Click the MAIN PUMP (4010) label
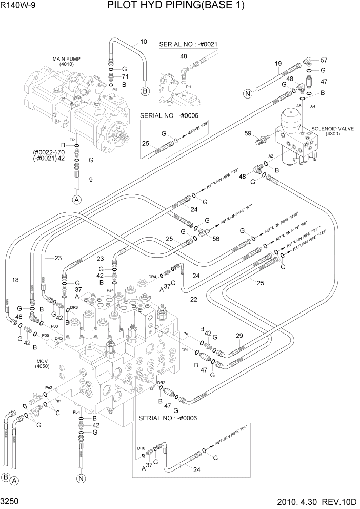click(66, 62)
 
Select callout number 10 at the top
click(144, 42)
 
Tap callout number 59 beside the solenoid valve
click(248, 134)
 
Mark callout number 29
click(239, 336)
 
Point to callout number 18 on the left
click(15, 280)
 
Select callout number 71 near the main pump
click(125, 76)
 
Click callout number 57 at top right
click(324, 60)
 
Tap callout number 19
click(278, 64)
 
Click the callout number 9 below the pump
click(91, 180)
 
